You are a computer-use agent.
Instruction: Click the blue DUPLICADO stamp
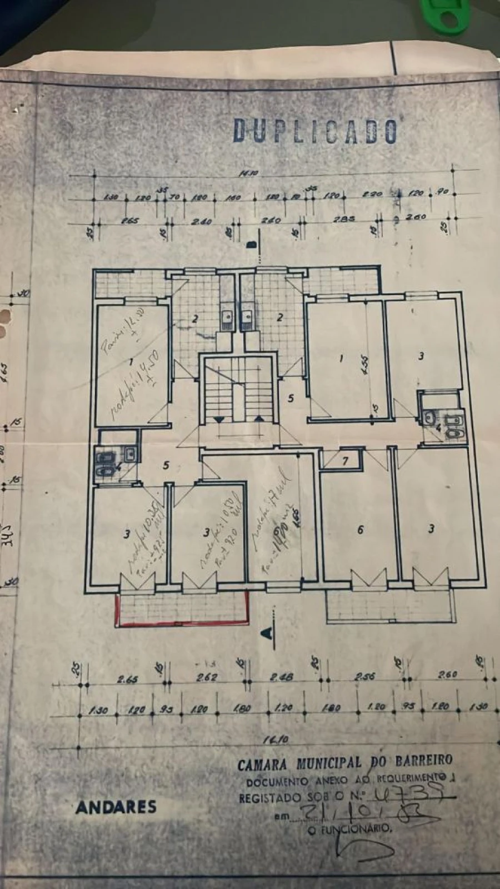(315, 131)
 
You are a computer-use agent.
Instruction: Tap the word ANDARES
(116, 807)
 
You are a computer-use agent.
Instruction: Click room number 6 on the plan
(360, 530)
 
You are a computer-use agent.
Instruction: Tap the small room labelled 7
(345, 460)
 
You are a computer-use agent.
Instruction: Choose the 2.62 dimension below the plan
(207, 678)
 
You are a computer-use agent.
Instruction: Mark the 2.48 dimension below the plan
(282, 678)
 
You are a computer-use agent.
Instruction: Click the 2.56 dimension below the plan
(365, 677)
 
